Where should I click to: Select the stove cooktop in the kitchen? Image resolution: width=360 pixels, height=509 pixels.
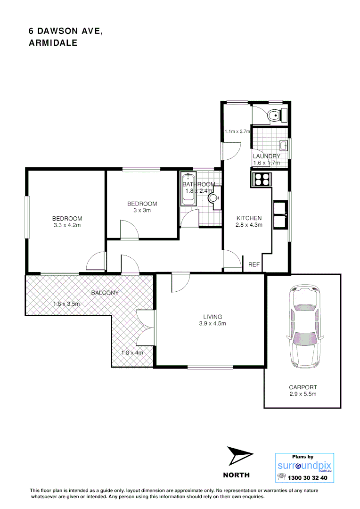click(262, 179)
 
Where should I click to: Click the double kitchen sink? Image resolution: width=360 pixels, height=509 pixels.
click(281, 214)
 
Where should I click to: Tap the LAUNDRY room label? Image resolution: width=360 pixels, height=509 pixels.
click(266, 156)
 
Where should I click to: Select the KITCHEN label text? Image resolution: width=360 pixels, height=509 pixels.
click(249, 218)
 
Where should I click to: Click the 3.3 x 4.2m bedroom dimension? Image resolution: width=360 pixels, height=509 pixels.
click(67, 225)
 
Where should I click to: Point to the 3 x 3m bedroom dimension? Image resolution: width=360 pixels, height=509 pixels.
click(142, 211)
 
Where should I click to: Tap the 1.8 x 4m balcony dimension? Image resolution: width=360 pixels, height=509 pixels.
click(132, 353)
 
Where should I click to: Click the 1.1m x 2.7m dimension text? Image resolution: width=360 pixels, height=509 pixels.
click(237, 131)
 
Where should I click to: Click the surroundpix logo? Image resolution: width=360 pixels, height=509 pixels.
click(304, 466)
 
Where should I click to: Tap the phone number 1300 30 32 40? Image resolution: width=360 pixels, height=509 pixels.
click(310, 477)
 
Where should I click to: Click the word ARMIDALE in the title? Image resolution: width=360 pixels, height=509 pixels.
click(53, 42)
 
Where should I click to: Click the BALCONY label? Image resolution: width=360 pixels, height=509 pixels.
click(105, 293)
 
